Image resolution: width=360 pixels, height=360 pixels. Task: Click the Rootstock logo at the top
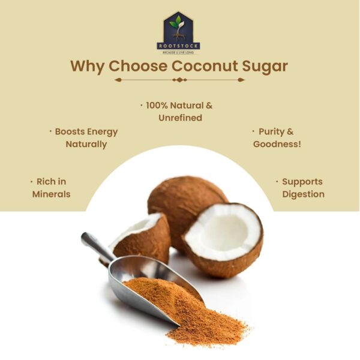click(x=178, y=33)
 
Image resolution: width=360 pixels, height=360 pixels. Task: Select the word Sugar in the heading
click(x=265, y=66)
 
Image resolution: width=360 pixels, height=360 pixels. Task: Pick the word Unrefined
click(x=180, y=118)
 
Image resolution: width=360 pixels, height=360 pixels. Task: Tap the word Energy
click(x=103, y=131)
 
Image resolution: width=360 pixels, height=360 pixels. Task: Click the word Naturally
click(x=86, y=144)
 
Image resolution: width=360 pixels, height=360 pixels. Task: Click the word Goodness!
click(x=277, y=144)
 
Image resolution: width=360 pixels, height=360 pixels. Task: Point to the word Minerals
click(x=51, y=194)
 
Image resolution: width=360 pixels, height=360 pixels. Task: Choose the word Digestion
click(x=303, y=194)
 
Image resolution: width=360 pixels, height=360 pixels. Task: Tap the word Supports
click(x=302, y=181)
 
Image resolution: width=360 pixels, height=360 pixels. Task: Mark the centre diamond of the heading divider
click(x=179, y=79)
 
